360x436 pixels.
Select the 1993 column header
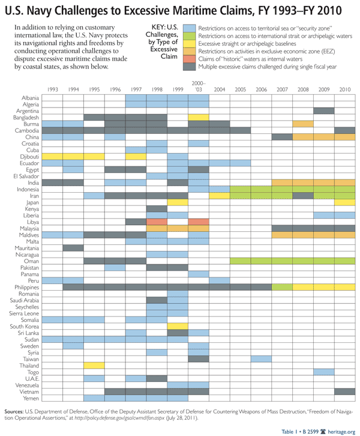(x=52, y=89)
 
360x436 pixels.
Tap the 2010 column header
(x=344, y=89)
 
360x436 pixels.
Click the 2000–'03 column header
(x=198, y=87)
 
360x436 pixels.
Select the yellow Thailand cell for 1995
(x=94, y=365)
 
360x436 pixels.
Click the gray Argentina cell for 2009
(x=323, y=111)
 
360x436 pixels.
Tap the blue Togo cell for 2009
(x=323, y=372)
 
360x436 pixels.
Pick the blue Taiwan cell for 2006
(x=260, y=359)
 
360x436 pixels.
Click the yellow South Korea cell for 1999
(x=177, y=326)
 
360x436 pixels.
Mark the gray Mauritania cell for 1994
(x=73, y=247)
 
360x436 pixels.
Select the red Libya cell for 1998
(x=156, y=222)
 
